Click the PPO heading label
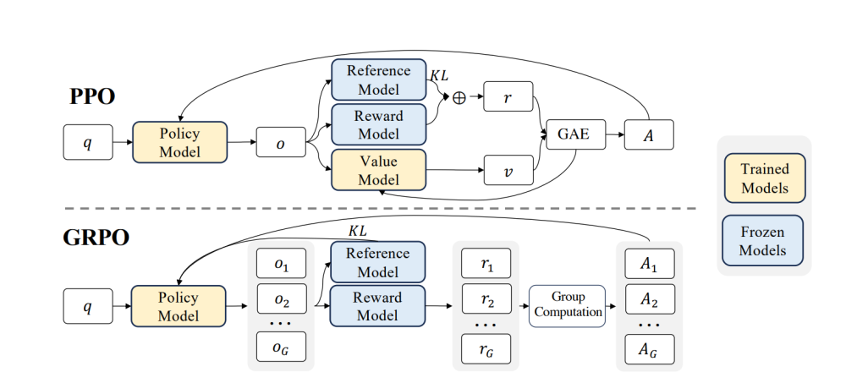point(91,97)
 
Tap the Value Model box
point(378,169)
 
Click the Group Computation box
point(568,305)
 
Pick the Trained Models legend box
point(764,178)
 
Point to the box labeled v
point(508,170)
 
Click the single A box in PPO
point(650,134)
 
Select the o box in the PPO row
point(281,142)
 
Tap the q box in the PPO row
point(88,142)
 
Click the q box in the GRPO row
point(88,305)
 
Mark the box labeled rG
point(486,348)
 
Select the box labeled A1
point(649,263)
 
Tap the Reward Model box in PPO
point(378,123)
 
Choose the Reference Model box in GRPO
point(378,262)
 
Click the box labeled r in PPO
point(508,98)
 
